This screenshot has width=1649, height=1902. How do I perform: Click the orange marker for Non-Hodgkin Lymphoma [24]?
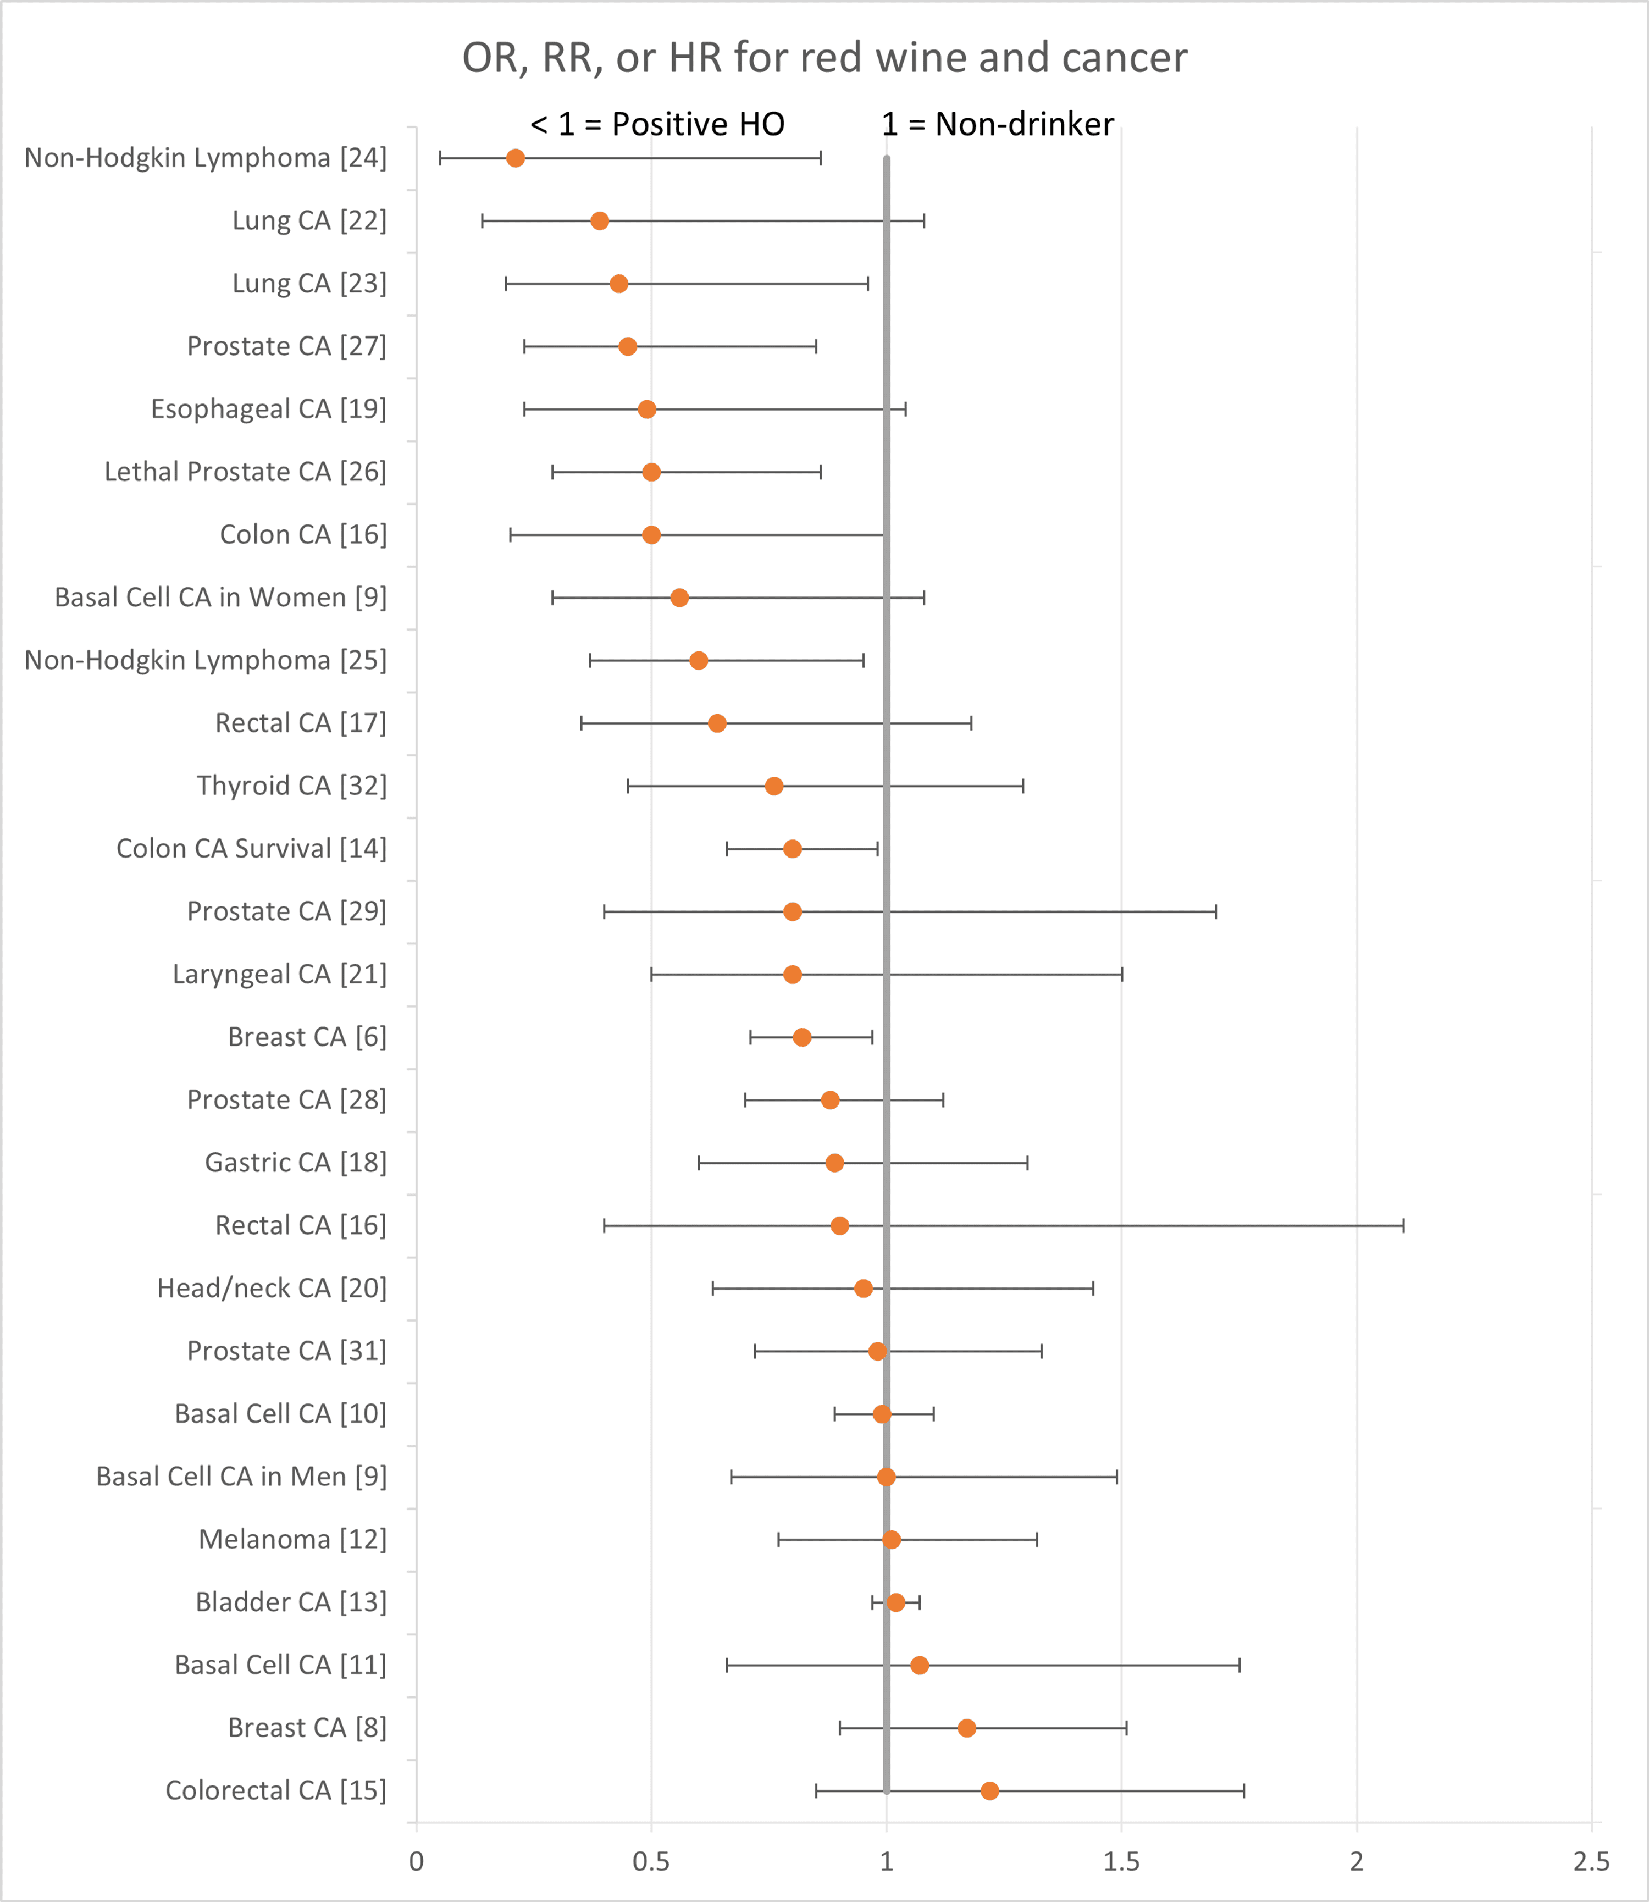(516, 158)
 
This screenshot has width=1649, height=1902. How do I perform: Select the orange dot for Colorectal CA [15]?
(989, 1790)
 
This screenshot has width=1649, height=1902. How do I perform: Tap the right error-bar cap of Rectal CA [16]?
(1403, 1226)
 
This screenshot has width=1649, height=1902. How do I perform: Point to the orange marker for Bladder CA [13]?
(895, 1602)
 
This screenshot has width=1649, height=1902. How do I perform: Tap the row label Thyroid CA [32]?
(292, 786)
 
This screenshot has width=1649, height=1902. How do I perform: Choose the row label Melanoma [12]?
(292, 1539)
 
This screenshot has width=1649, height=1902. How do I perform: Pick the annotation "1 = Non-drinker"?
(998, 124)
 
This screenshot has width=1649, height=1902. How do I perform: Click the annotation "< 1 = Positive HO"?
(657, 124)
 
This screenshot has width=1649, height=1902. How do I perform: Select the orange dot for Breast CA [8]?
(966, 1728)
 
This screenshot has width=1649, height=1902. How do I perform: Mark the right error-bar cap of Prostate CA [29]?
(1215, 912)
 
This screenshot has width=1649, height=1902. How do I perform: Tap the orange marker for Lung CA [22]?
(599, 221)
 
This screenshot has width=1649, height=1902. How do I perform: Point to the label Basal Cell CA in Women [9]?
(221, 597)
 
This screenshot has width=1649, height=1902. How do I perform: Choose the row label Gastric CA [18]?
(295, 1163)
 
